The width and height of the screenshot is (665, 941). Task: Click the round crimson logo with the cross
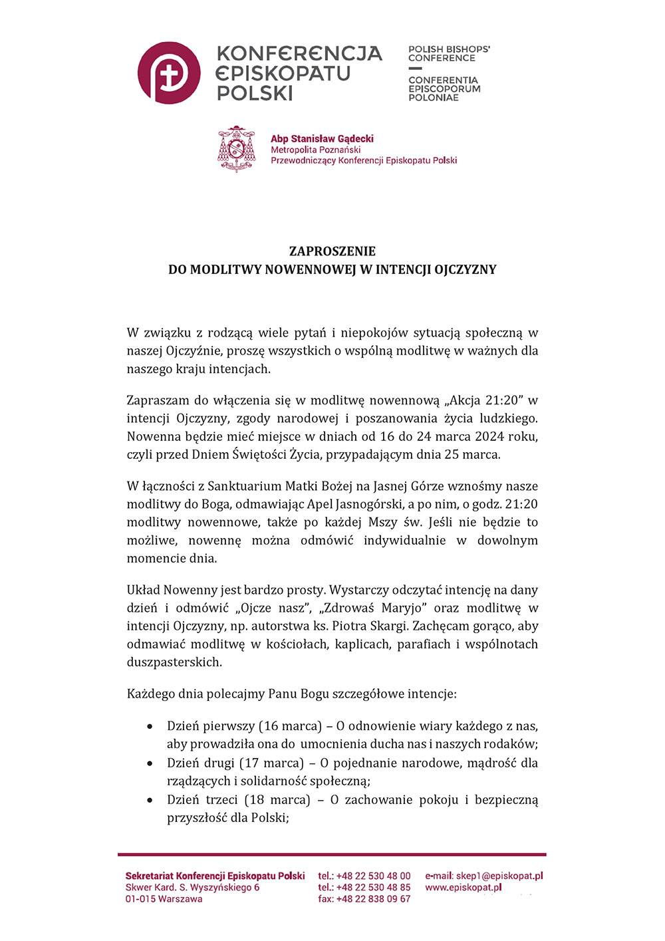click(169, 72)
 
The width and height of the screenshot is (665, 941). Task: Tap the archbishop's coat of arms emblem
click(237, 149)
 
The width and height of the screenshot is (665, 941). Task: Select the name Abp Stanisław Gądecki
click(322, 138)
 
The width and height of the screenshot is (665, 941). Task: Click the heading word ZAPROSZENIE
click(332, 251)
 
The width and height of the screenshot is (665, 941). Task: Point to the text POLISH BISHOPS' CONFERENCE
click(449, 54)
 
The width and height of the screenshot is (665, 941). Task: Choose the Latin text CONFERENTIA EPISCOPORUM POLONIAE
click(444, 88)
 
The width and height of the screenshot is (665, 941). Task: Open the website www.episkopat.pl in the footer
click(464, 887)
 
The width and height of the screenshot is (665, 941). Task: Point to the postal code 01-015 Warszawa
click(164, 899)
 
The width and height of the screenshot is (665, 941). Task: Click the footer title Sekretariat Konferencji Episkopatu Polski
click(215, 876)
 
